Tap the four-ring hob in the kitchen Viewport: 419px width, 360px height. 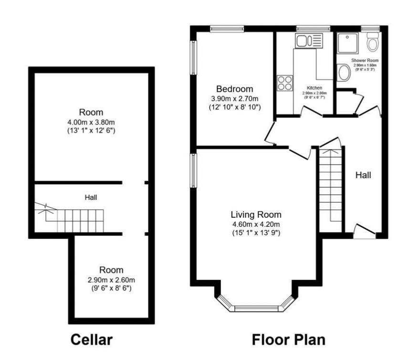[285, 83]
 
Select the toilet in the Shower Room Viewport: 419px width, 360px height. [373, 43]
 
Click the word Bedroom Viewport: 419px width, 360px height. [234, 89]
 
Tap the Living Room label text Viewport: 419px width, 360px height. [256, 214]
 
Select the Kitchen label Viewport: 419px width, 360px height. [314, 88]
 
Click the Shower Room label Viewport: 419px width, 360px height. [365, 61]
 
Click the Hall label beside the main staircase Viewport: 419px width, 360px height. [363, 175]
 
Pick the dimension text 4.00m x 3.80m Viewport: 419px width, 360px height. [91, 122]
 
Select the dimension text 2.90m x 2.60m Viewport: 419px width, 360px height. [111, 279]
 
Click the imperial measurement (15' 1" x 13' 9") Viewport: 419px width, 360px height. [256, 233]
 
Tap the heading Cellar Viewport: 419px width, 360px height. [92, 339]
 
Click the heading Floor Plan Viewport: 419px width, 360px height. [289, 339]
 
